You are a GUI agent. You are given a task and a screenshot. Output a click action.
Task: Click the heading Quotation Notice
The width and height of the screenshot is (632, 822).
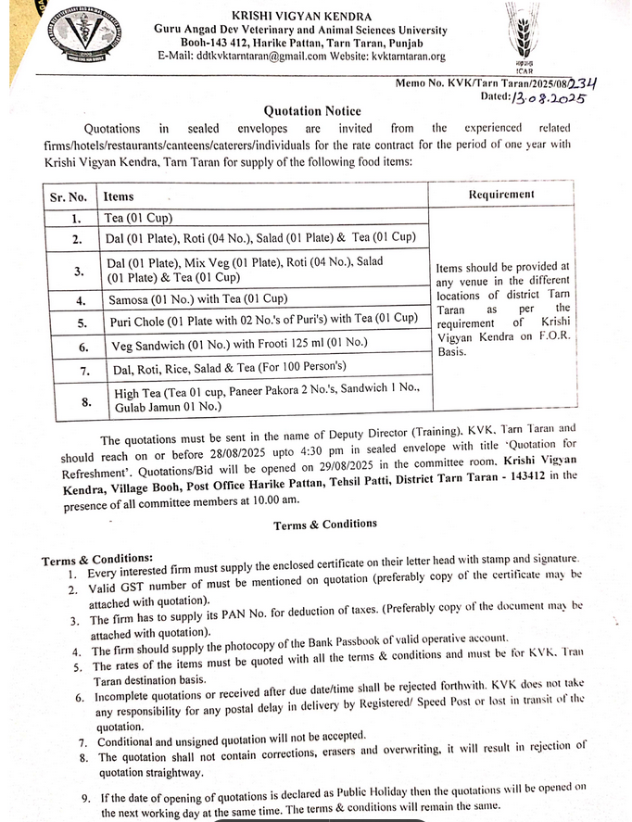[311, 111]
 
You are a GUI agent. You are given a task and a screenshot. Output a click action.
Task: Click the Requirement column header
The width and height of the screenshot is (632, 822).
[501, 195]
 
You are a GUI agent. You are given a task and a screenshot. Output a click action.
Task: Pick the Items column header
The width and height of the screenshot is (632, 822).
[120, 196]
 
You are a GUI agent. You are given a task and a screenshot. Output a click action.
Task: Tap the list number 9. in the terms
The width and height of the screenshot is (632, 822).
[85, 798]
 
